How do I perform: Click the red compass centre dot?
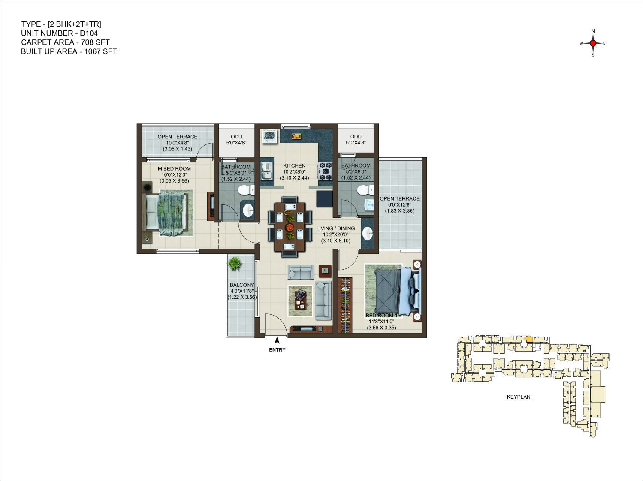click(593, 43)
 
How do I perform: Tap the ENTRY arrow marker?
click(277, 340)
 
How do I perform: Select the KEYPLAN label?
click(519, 397)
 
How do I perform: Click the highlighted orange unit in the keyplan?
click(528, 339)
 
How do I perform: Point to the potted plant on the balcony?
click(235, 264)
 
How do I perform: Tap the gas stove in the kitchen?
click(325, 171)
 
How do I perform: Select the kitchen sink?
click(266, 171)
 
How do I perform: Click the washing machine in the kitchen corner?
click(270, 136)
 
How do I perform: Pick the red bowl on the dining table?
click(290, 227)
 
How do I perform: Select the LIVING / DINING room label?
click(335, 228)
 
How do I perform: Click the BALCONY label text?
click(242, 285)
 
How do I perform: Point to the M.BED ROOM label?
click(174, 168)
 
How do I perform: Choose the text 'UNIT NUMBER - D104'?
click(59, 33)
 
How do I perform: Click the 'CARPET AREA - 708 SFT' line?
click(65, 42)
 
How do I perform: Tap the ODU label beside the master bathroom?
click(236, 137)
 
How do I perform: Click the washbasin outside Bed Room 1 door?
click(367, 234)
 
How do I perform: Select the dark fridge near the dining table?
click(324, 199)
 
